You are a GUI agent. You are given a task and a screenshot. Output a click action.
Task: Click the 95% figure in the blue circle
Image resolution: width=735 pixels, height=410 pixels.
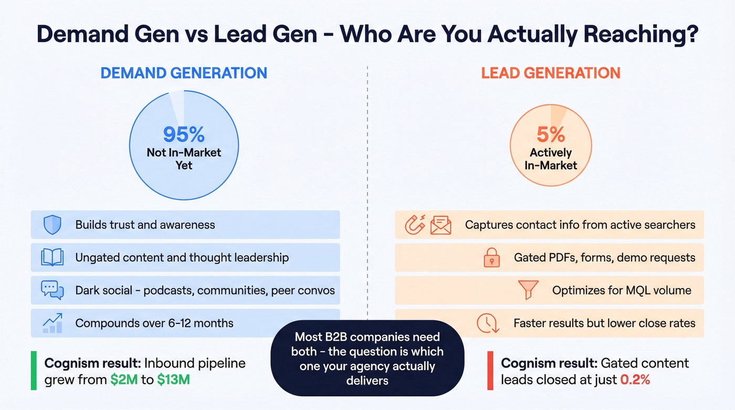(183, 134)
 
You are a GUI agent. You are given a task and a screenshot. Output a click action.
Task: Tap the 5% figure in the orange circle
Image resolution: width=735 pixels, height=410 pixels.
(551, 135)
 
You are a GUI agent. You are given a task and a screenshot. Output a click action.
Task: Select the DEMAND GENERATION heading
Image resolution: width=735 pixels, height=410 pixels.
(184, 72)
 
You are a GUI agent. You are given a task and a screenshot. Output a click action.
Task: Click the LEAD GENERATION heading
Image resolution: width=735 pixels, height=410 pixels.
(551, 72)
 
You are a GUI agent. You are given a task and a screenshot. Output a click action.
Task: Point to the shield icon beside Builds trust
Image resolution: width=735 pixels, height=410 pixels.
(52, 225)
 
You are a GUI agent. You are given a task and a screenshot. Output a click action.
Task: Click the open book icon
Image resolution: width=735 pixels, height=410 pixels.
(52, 257)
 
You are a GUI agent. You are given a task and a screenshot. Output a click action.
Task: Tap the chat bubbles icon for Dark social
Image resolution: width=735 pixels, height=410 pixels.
(52, 290)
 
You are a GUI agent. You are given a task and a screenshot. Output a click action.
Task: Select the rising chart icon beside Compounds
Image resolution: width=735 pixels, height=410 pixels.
(52, 322)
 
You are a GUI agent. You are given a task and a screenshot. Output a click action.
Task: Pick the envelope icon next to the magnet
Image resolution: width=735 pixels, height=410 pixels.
(440, 225)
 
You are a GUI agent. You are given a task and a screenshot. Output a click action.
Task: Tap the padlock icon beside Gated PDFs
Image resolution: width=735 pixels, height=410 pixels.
(491, 257)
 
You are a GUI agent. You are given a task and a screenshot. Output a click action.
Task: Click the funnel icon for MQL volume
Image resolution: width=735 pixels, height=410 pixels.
(528, 290)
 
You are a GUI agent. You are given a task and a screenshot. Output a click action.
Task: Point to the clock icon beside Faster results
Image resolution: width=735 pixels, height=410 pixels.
(487, 323)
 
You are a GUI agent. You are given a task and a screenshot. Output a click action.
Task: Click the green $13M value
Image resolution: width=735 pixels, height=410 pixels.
(173, 380)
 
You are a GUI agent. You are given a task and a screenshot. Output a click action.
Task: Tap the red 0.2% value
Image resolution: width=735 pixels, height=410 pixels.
(635, 380)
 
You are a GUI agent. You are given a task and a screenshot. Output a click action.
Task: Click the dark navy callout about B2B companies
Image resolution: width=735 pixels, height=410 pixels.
(367, 358)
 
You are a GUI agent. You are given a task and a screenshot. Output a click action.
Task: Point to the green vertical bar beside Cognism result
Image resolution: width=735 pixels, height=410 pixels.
(34, 371)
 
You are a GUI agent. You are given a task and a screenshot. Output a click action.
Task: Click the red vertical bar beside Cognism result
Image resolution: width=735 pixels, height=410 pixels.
(490, 371)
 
